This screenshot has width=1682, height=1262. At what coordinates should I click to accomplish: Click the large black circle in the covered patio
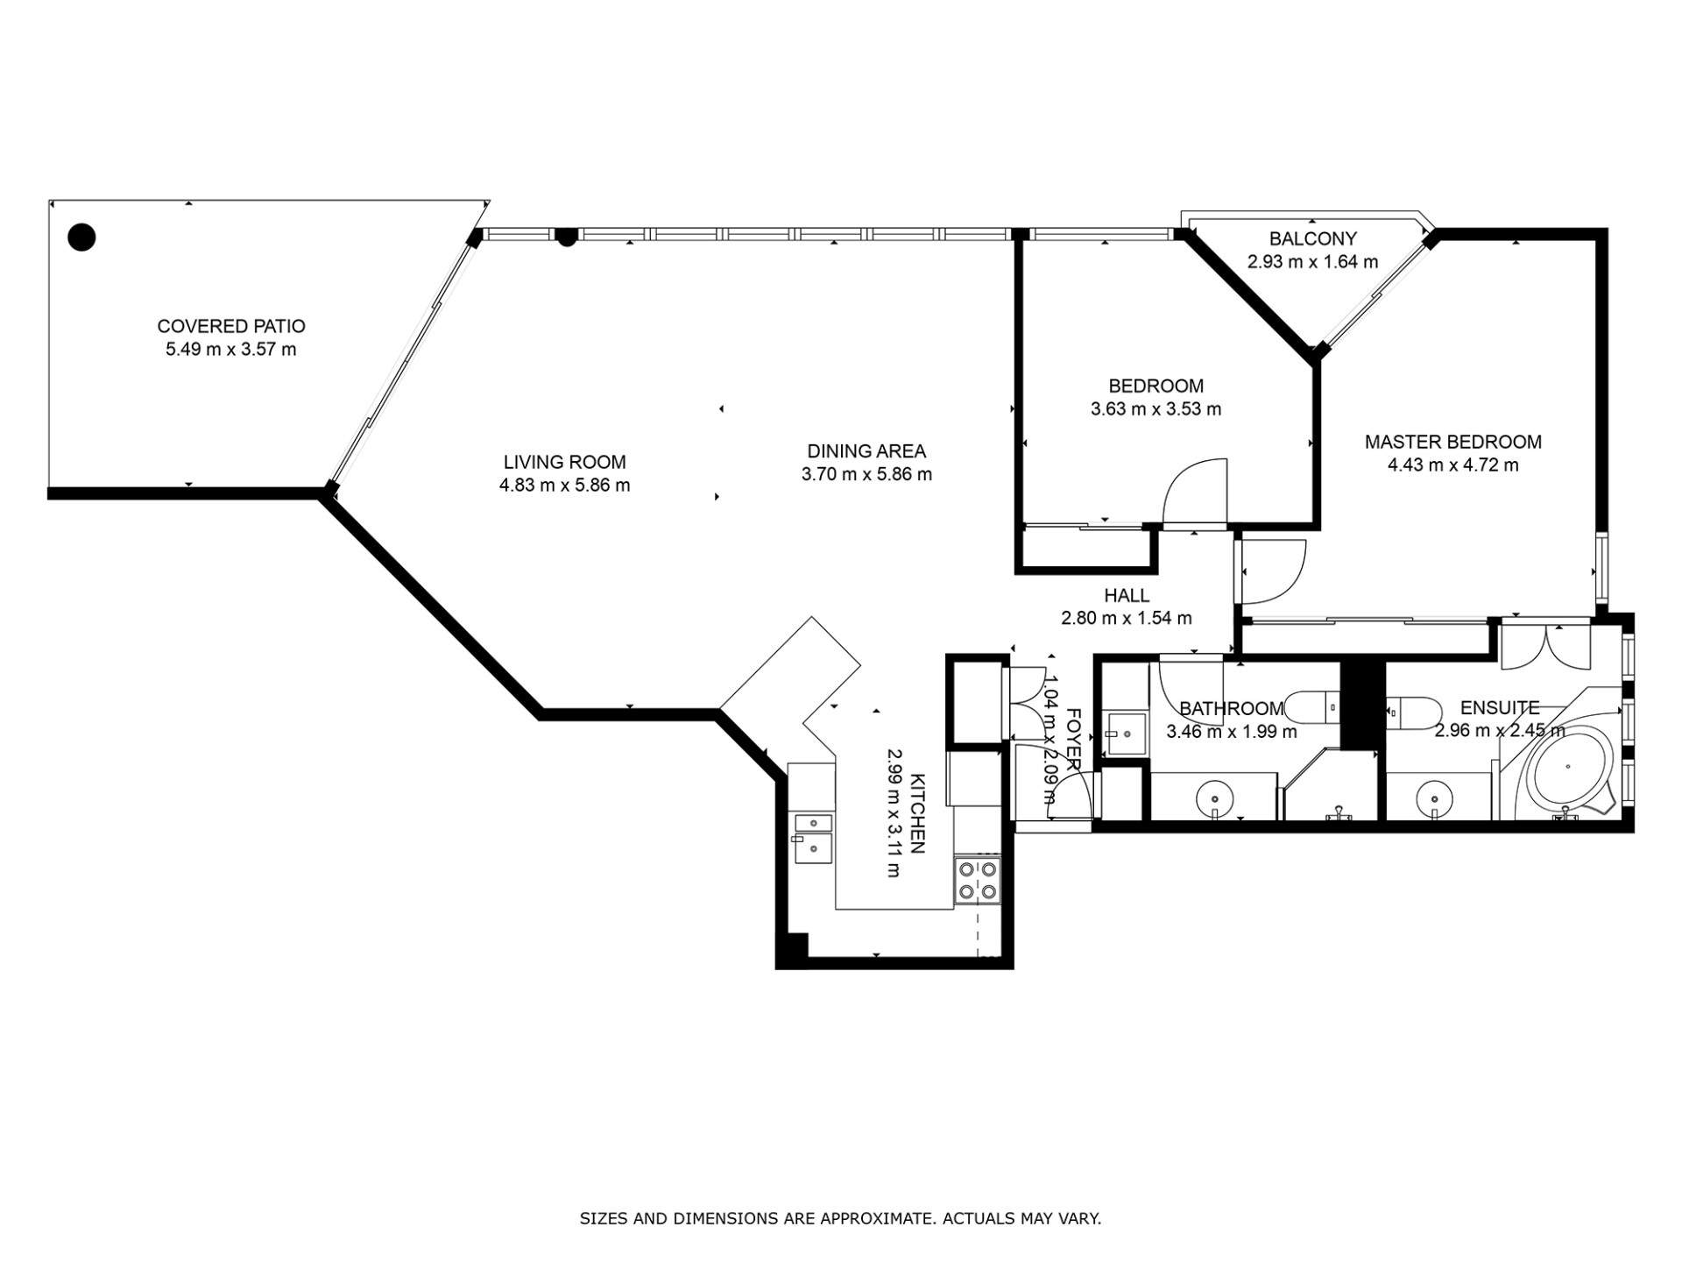81,237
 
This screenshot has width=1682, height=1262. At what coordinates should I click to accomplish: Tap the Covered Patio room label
231,326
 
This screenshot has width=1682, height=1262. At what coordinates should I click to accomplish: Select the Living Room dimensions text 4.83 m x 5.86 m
564,485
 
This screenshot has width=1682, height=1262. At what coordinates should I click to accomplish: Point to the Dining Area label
866,451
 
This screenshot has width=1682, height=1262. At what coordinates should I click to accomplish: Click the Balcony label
1312,238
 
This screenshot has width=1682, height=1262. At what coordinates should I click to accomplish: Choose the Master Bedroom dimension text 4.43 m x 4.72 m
1452,464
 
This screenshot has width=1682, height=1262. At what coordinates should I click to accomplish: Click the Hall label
1127,596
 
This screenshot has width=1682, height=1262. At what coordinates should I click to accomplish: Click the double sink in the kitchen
813,838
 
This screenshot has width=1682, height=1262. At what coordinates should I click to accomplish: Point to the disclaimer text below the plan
840,1218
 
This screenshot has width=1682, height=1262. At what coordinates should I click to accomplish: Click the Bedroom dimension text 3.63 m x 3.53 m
1155,408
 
